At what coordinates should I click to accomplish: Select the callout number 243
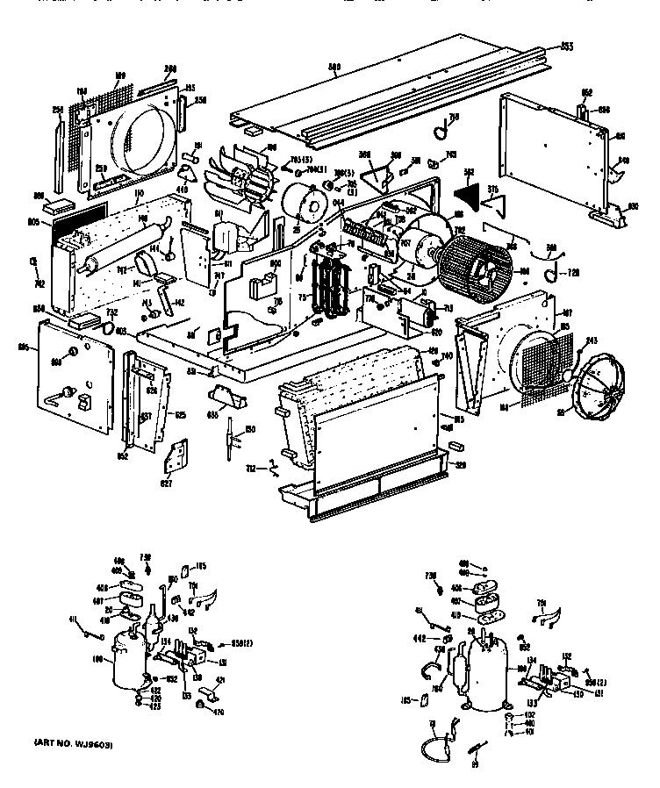click(x=592, y=341)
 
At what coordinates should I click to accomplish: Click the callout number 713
click(x=447, y=310)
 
